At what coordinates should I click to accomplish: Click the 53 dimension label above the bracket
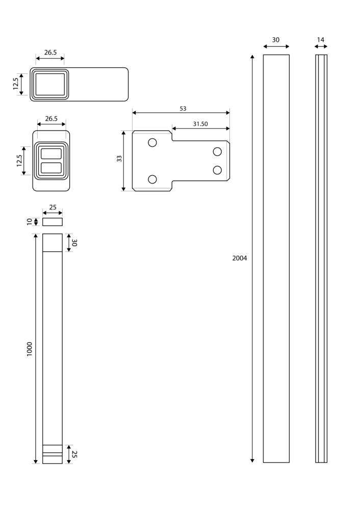pyautogui.click(x=183, y=109)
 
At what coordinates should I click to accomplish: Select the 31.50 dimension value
pyautogui.click(x=200, y=124)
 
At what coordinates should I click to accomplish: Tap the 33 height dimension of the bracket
pyautogui.click(x=119, y=159)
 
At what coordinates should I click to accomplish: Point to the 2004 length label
pyautogui.click(x=239, y=258)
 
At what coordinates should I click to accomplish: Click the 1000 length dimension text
pyautogui.click(x=30, y=349)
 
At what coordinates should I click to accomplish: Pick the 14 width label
pyautogui.click(x=320, y=40)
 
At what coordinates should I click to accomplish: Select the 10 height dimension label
pyautogui.click(x=30, y=222)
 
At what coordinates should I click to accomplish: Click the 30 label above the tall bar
pyautogui.click(x=275, y=40)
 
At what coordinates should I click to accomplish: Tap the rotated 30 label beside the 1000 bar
pyautogui.click(x=74, y=243)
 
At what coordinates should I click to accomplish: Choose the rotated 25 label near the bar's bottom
pyautogui.click(x=74, y=454)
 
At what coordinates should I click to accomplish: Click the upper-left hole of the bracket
pyautogui.click(x=152, y=142)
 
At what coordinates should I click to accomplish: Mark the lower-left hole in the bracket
pyautogui.click(x=152, y=179)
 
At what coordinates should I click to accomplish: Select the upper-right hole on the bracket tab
pyautogui.click(x=217, y=151)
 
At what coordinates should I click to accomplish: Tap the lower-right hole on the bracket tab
pyautogui.click(x=217, y=170)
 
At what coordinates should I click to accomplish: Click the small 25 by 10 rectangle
pyautogui.click(x=52, y=222)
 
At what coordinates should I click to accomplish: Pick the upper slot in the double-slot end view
pyautogui.click(x=51, y=154)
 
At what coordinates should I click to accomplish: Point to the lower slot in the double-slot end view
pyautogui.click(x=51, y=168)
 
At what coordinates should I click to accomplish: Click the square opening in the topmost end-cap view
pyautogui.click(x=50, y=84)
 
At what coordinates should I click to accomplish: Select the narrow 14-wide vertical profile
pyautogui.click(x=321, y=258)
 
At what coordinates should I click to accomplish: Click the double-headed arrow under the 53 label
pyautogui.click(x=181, y=113)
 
